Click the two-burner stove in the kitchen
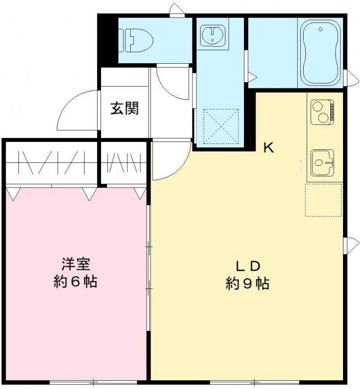pyautogui.click(x=321, y=111)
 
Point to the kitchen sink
pyautogui.click(x=320, y=161)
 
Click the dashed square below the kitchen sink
pyautogui.click(x=323, y=199)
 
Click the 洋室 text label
pyautogui.click(x=75, y=265)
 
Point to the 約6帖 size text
pyautogui.click(x=75, y=282)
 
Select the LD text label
pyautogui.click(x=248, y=266)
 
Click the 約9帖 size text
pyautogui.click(x=248, y=283)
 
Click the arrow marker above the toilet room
pyautogui.click(x=175, y=10)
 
